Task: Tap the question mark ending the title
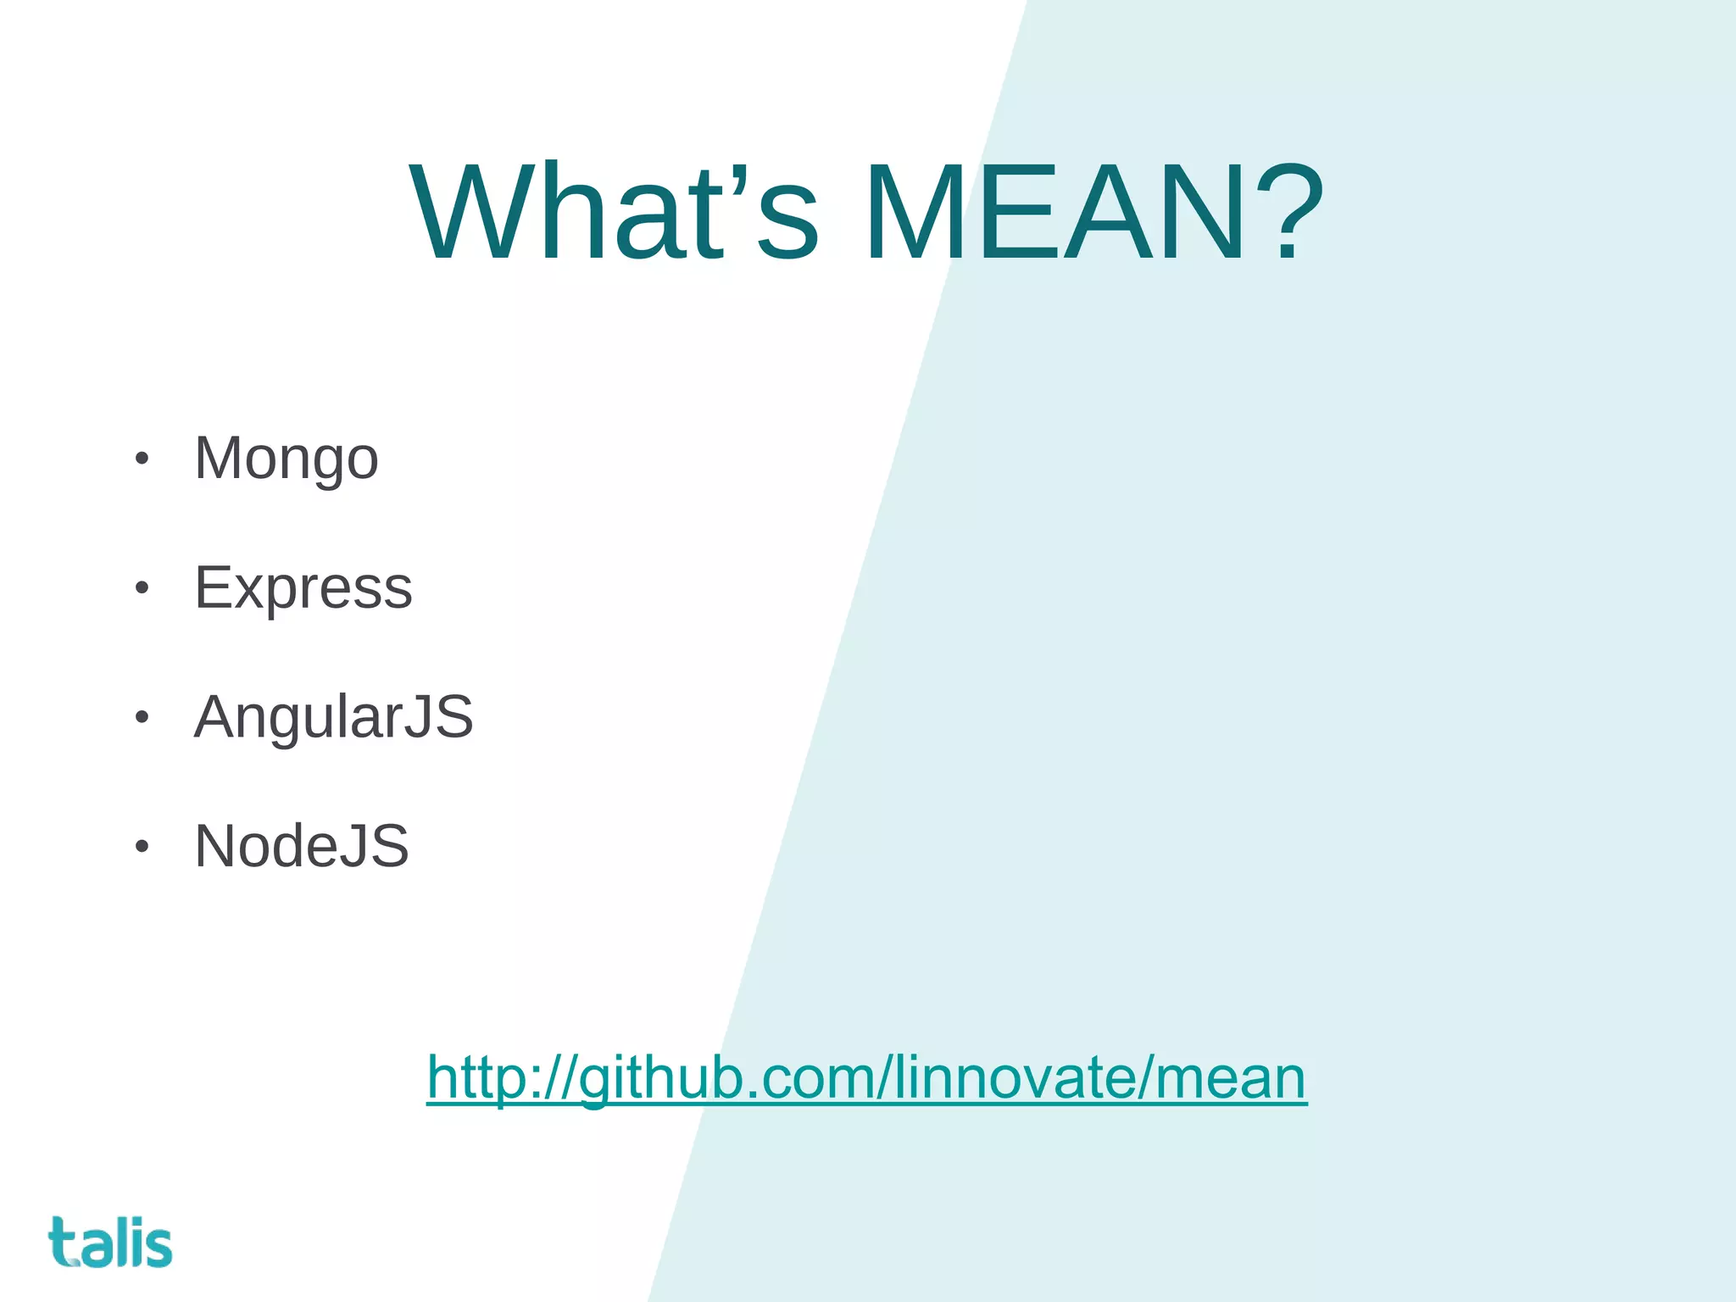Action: [x=1288, y=214]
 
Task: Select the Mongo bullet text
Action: [x=286, y=459]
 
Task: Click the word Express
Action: [x=303, y=587]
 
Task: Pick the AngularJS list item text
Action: [x=333, y=717]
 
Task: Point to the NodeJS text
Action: [x=301, y=846]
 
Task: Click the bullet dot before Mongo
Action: [x=142, y=459]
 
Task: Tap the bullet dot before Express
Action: [x=142, y=588]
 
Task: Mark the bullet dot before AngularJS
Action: [x=142, y=718]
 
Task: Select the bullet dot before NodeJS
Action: [x=142, y=847]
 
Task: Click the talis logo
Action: [x=110, y=1243]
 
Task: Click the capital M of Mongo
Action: [x=219, y=459]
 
